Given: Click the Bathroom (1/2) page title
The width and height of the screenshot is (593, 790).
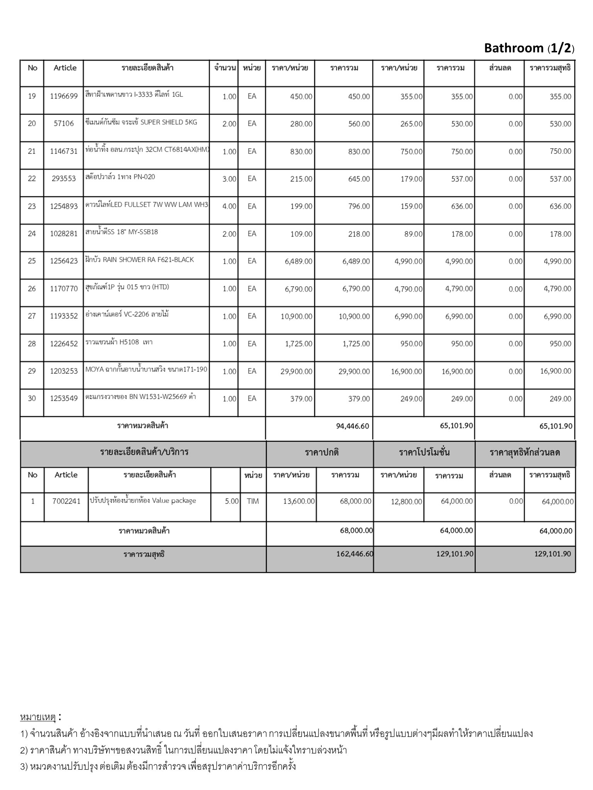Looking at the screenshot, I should [x=529, y=48].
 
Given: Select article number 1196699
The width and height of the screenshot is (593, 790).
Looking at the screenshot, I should [x=64, y=96].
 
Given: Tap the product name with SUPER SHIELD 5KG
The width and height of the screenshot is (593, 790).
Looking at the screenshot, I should [x=141, y=122].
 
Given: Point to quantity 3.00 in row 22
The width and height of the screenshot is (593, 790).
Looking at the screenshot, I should [x=229, y=179].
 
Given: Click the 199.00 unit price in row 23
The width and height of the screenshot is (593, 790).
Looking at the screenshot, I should [x=301, y=206].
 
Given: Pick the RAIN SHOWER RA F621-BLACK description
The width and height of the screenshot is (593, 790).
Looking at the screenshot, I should [x=139, y=260].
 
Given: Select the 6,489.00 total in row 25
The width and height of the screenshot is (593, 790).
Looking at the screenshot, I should [x=356, y=262].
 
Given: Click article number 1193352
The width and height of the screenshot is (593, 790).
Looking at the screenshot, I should [x=64, y=316].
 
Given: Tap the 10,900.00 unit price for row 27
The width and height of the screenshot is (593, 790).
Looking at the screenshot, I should [x=296, y=316].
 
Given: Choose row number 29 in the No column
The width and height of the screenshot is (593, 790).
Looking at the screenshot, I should [x=32, y=371].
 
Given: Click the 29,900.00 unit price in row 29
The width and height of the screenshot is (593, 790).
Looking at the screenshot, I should [x=296, y=371].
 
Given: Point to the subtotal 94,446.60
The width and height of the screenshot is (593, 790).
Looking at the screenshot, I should [x=352, y=426].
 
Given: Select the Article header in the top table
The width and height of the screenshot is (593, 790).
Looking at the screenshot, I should [x=65, y=68].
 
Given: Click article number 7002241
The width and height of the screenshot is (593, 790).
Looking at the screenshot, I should [x=66, y=501].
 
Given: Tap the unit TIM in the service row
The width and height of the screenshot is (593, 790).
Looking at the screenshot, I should [x=252, y=501].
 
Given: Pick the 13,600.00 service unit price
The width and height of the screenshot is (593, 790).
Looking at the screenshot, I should [x=299, y=501].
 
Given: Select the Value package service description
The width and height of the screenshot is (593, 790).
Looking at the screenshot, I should [x=143, y=501].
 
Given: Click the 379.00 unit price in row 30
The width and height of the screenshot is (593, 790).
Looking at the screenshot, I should [x=301, y=399].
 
